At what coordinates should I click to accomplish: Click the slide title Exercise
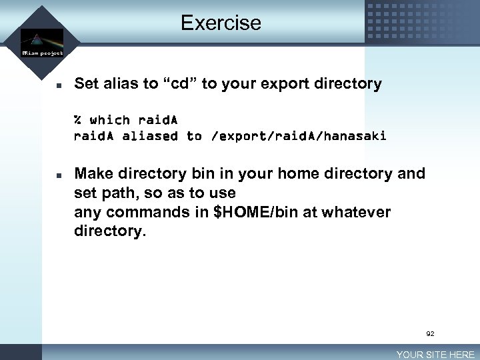click(x=221, y=23)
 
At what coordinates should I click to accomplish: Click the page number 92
click(x=431, y=333)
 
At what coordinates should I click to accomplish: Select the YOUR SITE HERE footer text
click(x=435, y=355)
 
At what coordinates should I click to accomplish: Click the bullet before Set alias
click(x=59, y=85)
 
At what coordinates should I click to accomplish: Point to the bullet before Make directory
click(x=59, y=175)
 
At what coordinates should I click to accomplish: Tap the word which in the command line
click(x=110, y=120)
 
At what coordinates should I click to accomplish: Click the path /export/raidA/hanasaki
click(x=298, y=137)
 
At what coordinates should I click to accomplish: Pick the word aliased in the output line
click(x=150, y=136)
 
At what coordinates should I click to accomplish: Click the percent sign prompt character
click(x=78, y=120)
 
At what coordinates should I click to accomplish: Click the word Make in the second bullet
click(x=93, y=174)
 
